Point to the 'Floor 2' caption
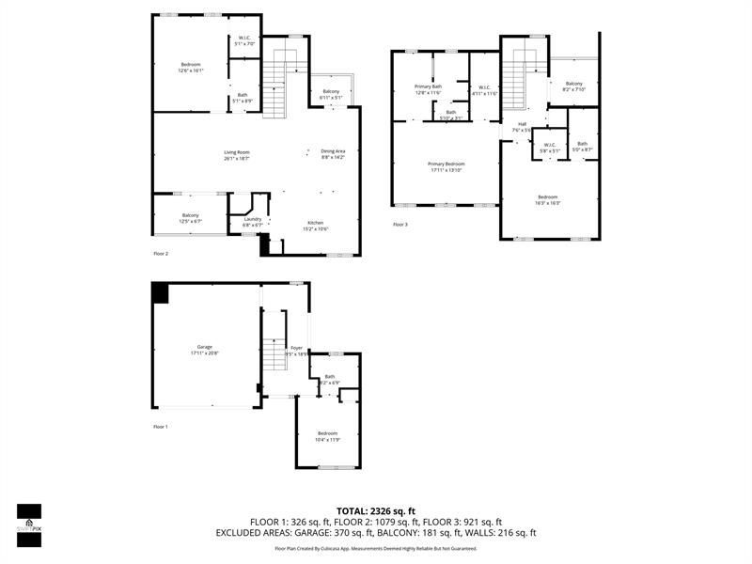coord(161,254)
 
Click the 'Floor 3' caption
coord(400,224)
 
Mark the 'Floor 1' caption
coord(161,427)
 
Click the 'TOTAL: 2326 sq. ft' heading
coord(375,510)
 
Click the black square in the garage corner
coord(161,292)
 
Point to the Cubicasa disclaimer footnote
coord(375,548)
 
